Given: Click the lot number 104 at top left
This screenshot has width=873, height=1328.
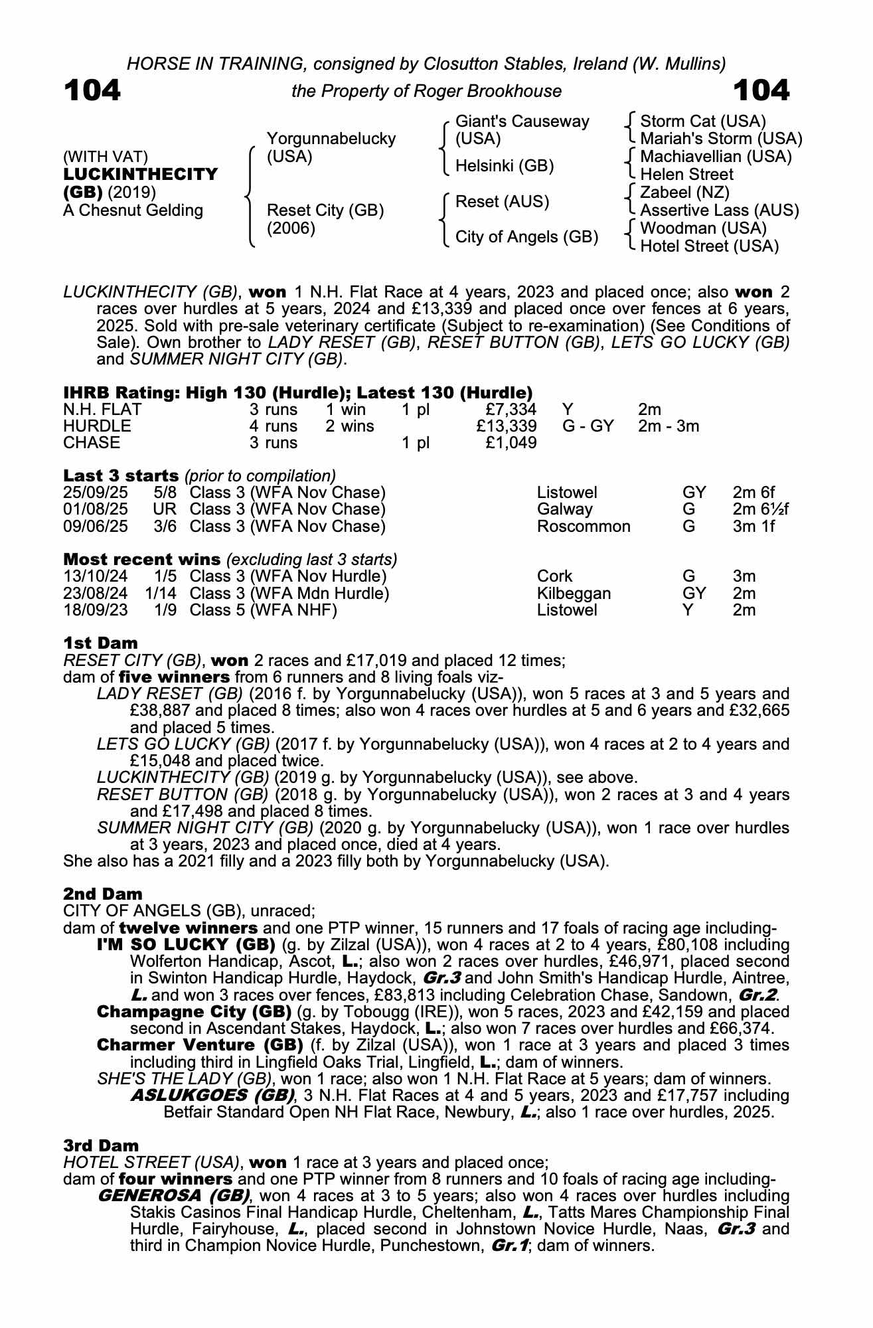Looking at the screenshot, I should pos(92,90).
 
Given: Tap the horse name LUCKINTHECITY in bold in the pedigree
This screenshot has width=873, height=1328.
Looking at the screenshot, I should pos(141,175).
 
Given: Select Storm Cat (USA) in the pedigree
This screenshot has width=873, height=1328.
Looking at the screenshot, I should pos(703,122).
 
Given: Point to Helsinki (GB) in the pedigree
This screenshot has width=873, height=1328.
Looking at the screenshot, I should pos(505,166).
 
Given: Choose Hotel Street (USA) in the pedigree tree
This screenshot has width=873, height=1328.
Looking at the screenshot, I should pos(709,246).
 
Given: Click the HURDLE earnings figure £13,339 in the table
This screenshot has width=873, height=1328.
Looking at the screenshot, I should pos(506,426).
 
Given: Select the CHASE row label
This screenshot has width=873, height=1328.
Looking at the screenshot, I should pos(92,443).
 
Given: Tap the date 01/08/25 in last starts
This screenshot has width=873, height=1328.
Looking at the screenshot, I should pos(96,510).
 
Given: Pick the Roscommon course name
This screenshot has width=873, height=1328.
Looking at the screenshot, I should pos(584,527).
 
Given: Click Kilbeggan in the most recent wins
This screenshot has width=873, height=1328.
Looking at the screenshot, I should pos(574,594).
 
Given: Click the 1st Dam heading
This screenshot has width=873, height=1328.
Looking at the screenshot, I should pos(100,643).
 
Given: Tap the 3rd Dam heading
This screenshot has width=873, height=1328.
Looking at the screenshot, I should pos(102,1145).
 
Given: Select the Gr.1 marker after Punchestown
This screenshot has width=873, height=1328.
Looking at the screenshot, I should pos(509,1246).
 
